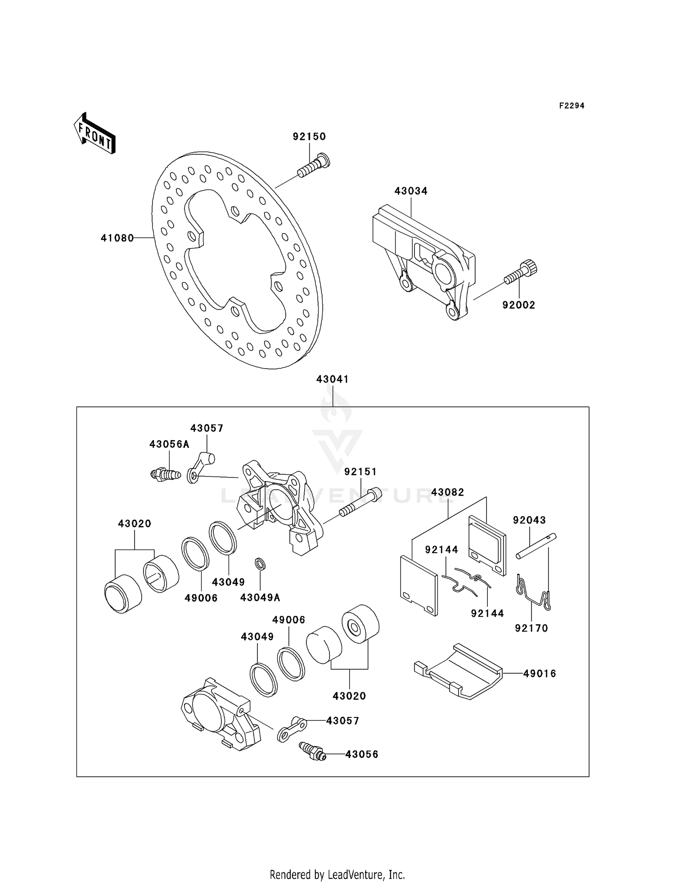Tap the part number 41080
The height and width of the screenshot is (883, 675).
click(117, 238)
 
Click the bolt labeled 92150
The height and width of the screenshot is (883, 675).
click(314, 166)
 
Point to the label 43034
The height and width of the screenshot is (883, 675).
click(411, 191)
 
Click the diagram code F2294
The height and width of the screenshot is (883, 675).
click(571, 106)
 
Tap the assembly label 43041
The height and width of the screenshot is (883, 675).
click(332, 379)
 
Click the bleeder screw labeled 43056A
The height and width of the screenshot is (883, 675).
click(165, 474)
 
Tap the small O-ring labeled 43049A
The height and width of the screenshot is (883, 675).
click(260, 563)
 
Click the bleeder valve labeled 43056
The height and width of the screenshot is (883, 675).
click(312, 751)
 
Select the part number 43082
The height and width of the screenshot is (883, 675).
click(447, 492)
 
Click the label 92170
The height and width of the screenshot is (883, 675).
click(531, 628)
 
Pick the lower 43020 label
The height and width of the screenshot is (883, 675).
click(349, 696)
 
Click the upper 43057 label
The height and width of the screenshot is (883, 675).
click(207, 428)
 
